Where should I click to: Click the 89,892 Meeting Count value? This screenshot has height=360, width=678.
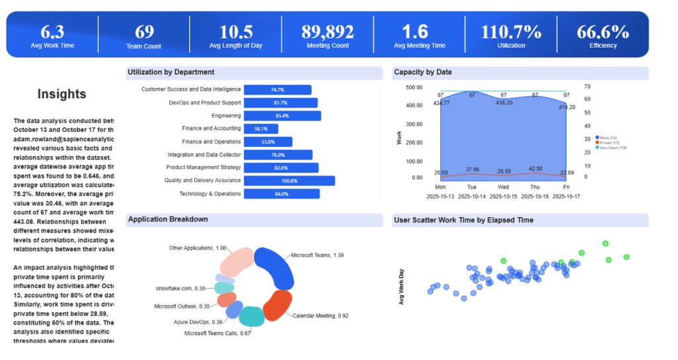(328, 31)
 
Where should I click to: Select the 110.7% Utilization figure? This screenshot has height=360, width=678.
(510, 31)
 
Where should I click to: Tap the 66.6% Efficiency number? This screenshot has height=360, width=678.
(603, 31)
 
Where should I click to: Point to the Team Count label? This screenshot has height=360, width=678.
(144, 46)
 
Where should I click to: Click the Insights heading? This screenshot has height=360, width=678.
(62, 95)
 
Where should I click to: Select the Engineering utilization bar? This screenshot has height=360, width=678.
(282, 116)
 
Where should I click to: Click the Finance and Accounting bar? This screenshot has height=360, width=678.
(260, 129)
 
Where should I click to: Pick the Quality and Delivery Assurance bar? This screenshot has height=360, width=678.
(289, 181)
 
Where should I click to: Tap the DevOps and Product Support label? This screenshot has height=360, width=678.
(205, 103)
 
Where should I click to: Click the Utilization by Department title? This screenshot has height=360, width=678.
(171, 72)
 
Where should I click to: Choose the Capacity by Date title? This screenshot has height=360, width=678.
(422, 72)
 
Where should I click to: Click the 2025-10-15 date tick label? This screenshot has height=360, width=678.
(504, 197)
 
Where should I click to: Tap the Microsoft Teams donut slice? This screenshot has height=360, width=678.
(273, 265)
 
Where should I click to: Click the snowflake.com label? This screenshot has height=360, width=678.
(175, 289)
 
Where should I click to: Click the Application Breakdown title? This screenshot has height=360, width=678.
(168, 219)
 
